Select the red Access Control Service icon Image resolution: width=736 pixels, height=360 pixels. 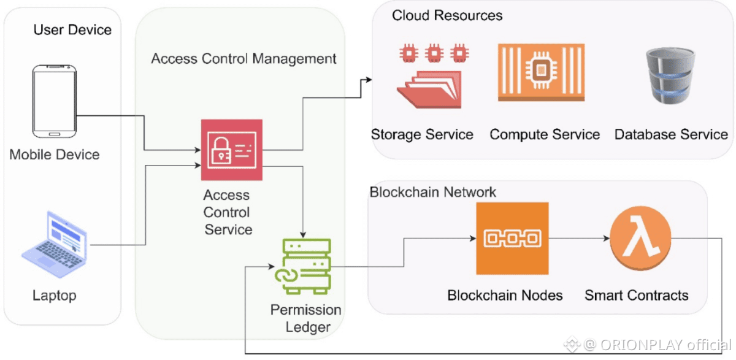click(x=231, y=150)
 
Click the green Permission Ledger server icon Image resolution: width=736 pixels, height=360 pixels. click(x=302, y=267)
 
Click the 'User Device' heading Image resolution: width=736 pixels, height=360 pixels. click(x=72, y=29)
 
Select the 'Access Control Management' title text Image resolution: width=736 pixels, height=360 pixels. click(x=243, y=59)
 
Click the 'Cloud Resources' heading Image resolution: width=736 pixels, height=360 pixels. click(x=447, y=15)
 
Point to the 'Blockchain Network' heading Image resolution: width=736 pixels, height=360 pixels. click(x=432, y=192)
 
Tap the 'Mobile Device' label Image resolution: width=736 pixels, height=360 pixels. click(x=55, y=155)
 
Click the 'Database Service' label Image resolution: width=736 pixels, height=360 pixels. click(x=671, y=135)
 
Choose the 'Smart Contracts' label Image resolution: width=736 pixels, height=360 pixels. click(x=636, y=296)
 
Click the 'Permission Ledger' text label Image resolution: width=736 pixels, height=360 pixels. click(x=305, y=319)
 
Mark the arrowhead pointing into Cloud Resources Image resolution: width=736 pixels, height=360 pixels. click(x=368, y=79)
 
